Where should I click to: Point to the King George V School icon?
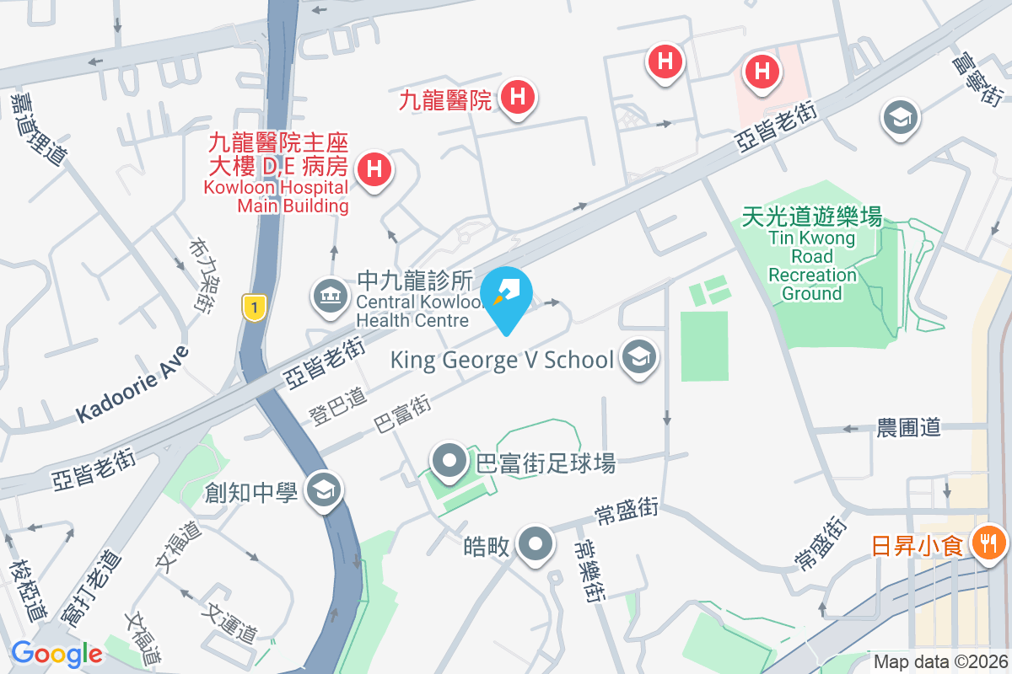pos(638,358)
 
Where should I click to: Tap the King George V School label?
pos(502,360)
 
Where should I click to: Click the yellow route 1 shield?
pos(253,307)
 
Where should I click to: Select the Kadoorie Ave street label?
pos(132,384)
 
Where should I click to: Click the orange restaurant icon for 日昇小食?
pos(986,542)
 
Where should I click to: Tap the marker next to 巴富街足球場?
pos(449,461)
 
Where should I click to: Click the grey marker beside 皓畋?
pos(535,545)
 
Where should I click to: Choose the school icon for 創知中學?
pos(323,491)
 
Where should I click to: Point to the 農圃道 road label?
pos(908,428)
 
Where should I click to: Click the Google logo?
pos(57,653)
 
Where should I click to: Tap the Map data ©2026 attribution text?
pos(939,661)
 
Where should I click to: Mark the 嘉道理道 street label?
pos(38,126)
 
